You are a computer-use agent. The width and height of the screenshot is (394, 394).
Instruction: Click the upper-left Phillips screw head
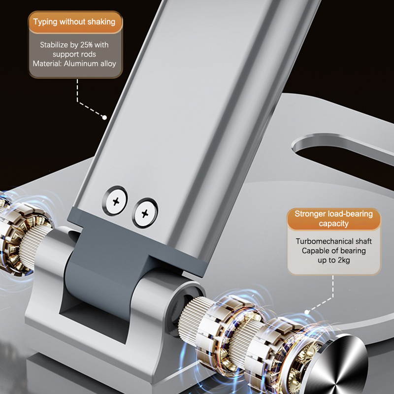pyautogui.click(x=115, y=201)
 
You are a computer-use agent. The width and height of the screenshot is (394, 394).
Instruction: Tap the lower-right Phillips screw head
pyautogui.click(x=145, y=213)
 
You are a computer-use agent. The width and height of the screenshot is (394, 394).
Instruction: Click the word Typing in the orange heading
pyautogui.click(x=45, y=22)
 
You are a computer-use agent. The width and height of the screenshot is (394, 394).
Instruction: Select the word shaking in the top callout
pyautogui.click(x=101, y=22)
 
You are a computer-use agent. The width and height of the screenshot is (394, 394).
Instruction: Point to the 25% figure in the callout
pyautogui.click(x=87, y=45)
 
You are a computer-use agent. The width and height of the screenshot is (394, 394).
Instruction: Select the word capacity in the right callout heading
pyautogui.click(x=334, y=224)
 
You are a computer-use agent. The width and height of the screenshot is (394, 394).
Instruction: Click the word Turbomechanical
pyautogui.click(x=325, y=241)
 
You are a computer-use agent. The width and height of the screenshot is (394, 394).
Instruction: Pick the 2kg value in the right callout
pyautogui.click(x=344, y=260)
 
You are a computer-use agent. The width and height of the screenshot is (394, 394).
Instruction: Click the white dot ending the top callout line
pyautogui.click(x=104, y=117)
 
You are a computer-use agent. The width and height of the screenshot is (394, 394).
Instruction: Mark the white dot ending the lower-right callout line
pyautogui.click(x=307, y=312)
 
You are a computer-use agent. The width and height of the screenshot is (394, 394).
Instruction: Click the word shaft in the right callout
pyautogui.click(x=363, y=241)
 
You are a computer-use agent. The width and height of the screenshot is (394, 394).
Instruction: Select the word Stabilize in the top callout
pyautogui.click(x=54, y=45)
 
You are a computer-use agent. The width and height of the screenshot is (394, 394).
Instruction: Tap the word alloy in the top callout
pyautogui.click(x=108, y=64)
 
